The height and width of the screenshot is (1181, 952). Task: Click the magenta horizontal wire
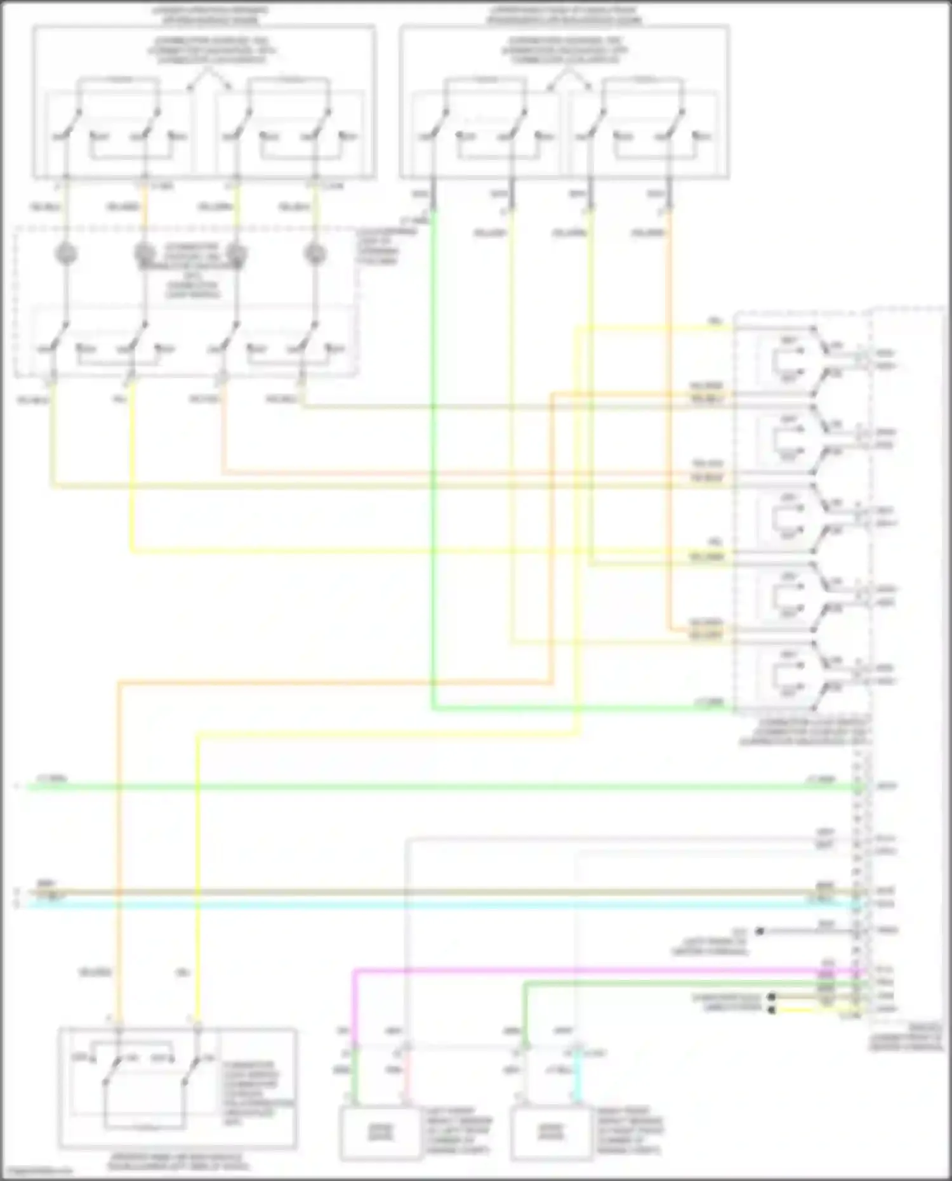coord(571,970)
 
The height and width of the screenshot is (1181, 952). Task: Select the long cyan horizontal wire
coord(444,902)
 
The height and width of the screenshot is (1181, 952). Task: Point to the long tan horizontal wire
coord(444,891)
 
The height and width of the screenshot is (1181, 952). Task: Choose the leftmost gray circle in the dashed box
coord(66,254)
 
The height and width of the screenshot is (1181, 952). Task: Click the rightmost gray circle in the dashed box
coord(314,254)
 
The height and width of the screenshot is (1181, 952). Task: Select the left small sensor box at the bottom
coord(380,1132)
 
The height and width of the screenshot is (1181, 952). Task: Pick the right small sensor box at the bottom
coord(552,1132)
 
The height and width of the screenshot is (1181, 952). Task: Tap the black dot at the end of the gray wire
coord(760,932)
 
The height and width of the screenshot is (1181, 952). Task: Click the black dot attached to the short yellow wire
coord(772,1009)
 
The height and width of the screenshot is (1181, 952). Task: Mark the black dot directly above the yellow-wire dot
coord(772,997)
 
